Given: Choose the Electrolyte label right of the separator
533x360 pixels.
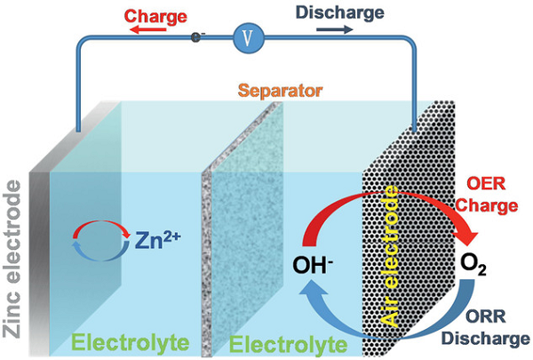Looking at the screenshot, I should [x=285, y=340].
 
